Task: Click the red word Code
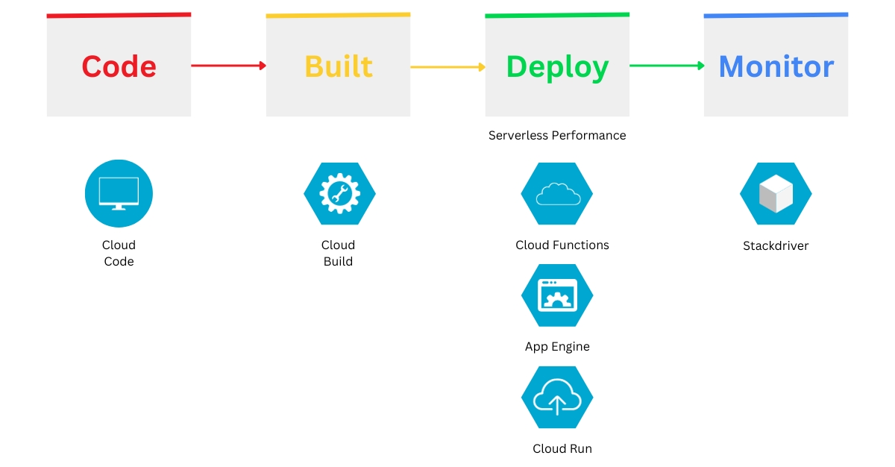tap(119, 66)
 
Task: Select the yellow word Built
tap(338, 66)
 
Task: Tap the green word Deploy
tap(557, 67)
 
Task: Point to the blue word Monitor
tap(776, 66)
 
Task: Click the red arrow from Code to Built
tap(228, 66)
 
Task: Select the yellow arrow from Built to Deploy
tap(447, 67)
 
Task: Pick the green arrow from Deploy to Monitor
tap(667, 66)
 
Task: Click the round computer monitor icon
tap(119, 193)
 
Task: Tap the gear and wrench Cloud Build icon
tap(339, 193)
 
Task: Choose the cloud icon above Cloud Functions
tap(557, 193)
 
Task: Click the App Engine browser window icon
tap(557, 295)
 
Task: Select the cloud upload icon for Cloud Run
tap(557, 398)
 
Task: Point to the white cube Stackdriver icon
tap(776, 193)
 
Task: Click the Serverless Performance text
tap(557, 136)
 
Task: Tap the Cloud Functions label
tap(562, 245)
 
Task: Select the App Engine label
tap(557, 347)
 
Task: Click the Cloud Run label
tap(562, 449)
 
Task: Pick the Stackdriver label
tap(776, 246)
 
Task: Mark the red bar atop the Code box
tap(119, 15)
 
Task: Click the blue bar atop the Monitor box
tap(776, 15)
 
